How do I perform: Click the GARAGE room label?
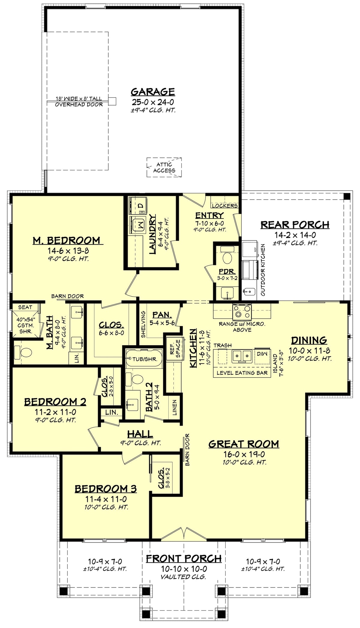click(153, 92)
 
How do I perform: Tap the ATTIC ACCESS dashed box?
click(164, 168)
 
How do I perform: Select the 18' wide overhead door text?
click(79, 99)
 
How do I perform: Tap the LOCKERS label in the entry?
click(225, 206)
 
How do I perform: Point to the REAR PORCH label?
click(295, 225)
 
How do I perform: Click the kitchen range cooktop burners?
click(242, 312)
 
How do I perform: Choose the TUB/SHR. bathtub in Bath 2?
click(144, 359)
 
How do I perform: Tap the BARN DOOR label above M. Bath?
click(67, 296)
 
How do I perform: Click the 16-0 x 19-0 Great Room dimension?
click(244, 454)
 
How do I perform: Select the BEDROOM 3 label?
click(106, 489)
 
